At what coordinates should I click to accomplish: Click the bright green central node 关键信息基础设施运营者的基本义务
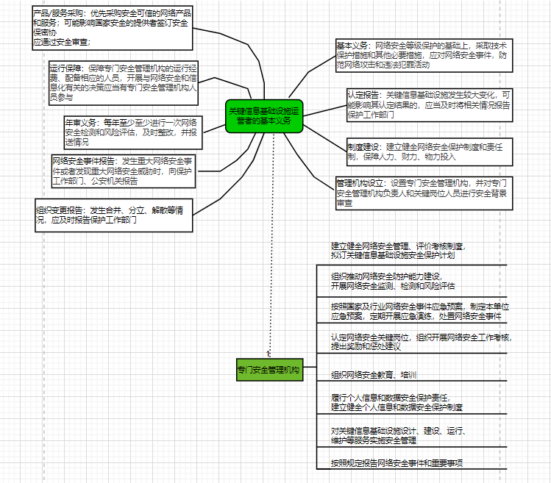click(263, 115)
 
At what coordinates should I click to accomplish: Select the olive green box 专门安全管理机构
click(269, 369)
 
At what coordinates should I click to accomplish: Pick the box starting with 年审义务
click(132, 131)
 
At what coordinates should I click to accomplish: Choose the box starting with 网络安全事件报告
click(124, 170)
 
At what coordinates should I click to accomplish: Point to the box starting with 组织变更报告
click(114, 215)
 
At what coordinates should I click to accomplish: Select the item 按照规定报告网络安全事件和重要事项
click(401, 463)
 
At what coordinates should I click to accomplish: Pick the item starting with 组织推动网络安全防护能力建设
click(394, 281)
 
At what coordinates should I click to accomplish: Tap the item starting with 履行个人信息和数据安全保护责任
click(397, 401)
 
